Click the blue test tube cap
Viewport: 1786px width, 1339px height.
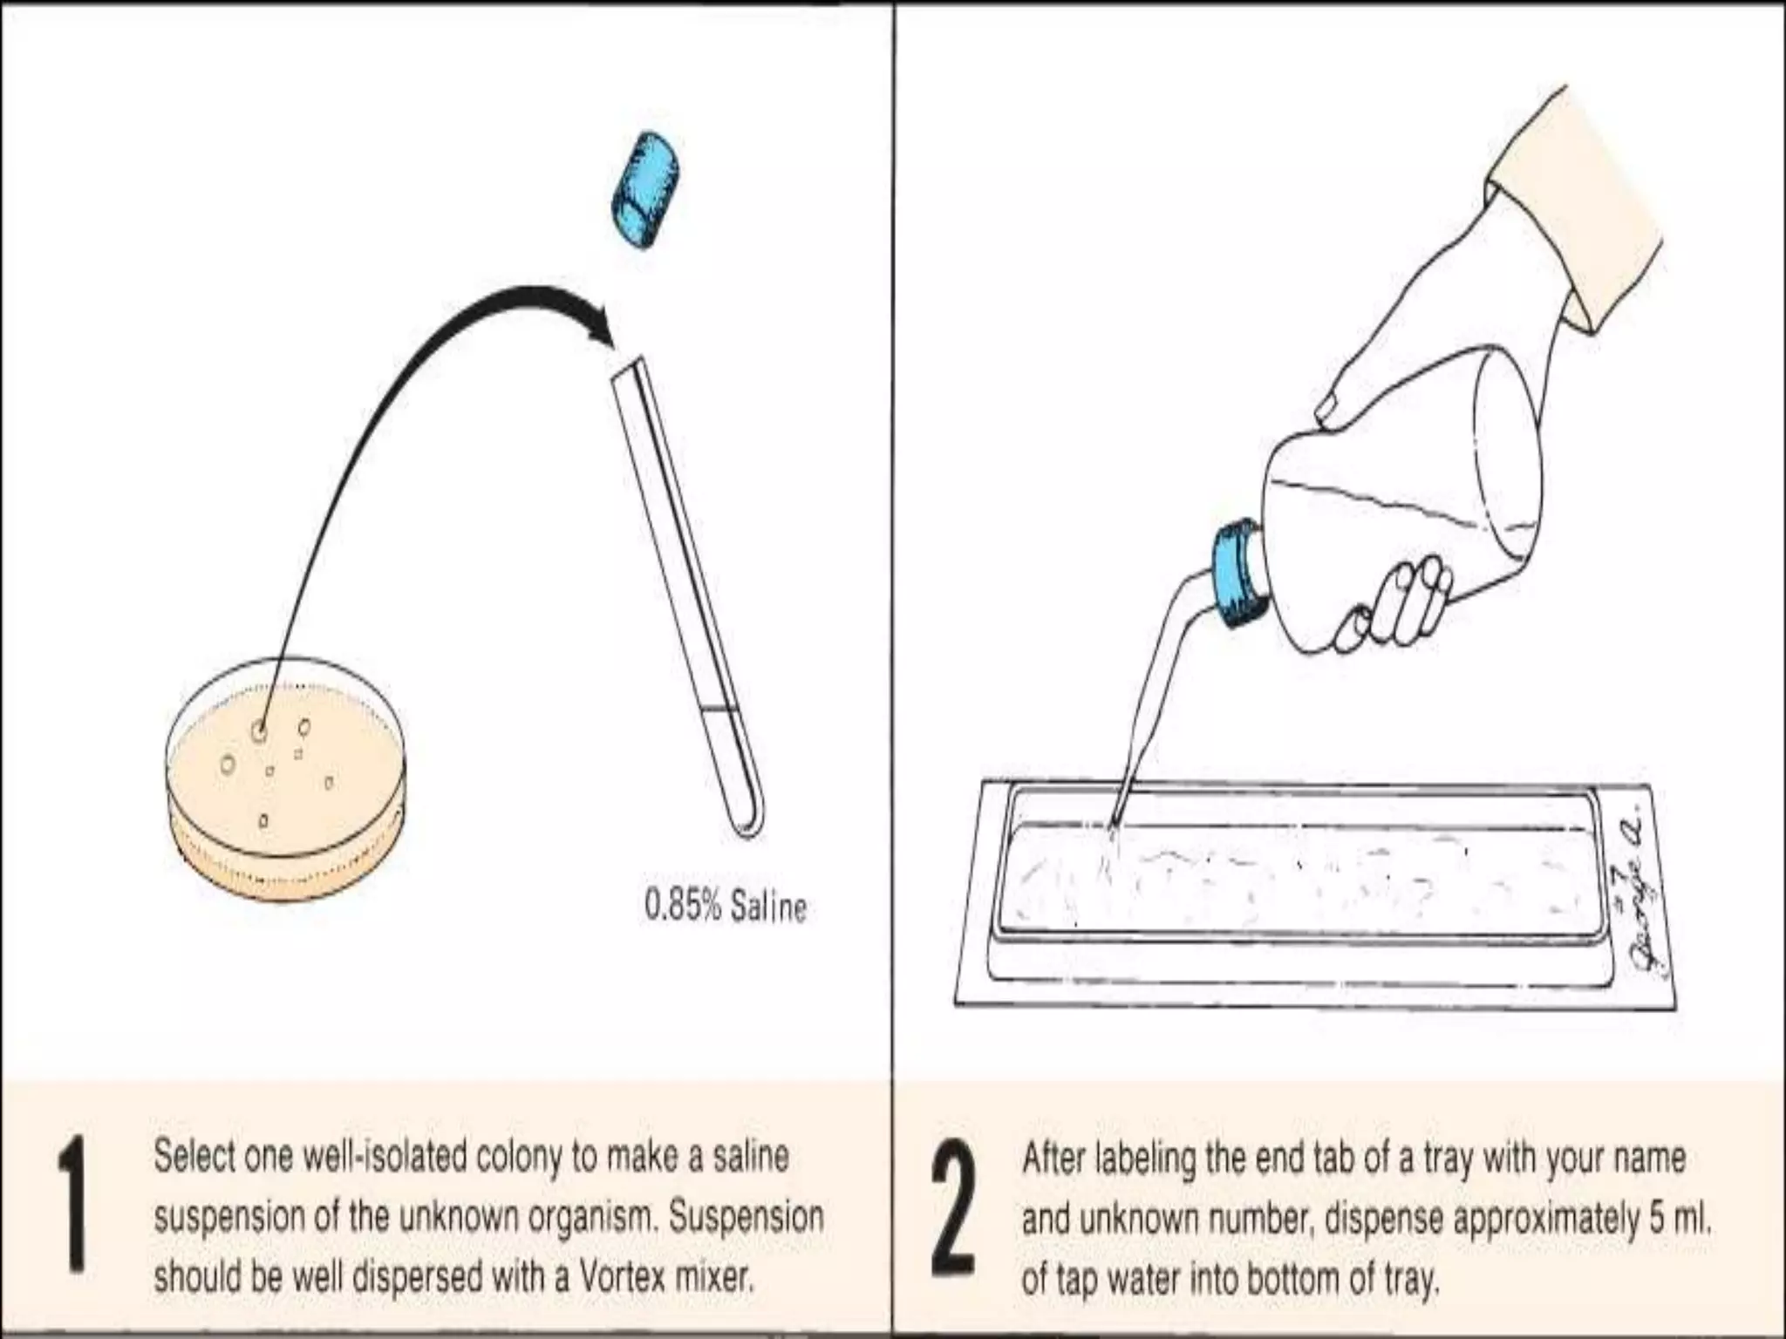[646, 191]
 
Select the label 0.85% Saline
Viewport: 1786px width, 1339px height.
[725, 907]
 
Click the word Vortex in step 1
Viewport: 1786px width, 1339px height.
[620, 1277]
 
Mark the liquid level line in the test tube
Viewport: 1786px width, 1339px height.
[720, 708]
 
